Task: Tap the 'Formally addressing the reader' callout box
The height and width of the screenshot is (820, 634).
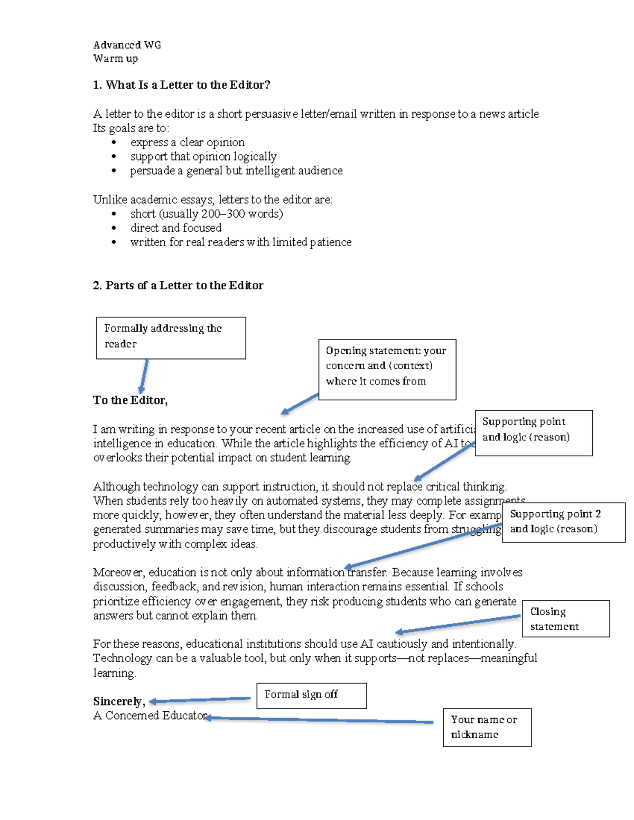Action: tap(171, 338)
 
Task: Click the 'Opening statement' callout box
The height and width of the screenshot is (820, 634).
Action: tap(387, 369)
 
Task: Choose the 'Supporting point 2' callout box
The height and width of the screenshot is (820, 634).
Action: tap(563, 522)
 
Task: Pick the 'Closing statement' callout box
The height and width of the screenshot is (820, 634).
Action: tap(565, 618)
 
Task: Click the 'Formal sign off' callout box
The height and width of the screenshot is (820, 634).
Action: tap(311, 695)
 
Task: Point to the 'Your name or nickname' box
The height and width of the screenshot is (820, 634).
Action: tap(487, 727)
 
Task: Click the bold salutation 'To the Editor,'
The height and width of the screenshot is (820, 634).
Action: tap(130, 400)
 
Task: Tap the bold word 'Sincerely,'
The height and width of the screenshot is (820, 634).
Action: tap(119, 701)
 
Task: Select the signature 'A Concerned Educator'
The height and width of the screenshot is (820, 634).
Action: tap(150, 715)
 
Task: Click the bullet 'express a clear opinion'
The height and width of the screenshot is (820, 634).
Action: tap(187, 143)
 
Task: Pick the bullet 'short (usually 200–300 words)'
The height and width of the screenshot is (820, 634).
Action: tap(206, 214)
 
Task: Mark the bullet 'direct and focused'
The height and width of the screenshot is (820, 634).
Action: tap(175, 228)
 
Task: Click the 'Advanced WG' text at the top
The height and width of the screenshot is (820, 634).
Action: tap(127, 45)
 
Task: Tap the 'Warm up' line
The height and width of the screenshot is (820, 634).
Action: tap(115, 59)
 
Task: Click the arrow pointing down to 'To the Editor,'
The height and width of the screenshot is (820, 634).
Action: tap(143, 376)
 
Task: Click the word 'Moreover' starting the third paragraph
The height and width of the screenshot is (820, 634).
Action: tap(118, 572)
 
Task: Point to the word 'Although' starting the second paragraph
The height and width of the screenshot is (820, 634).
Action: tap(116, 487)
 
